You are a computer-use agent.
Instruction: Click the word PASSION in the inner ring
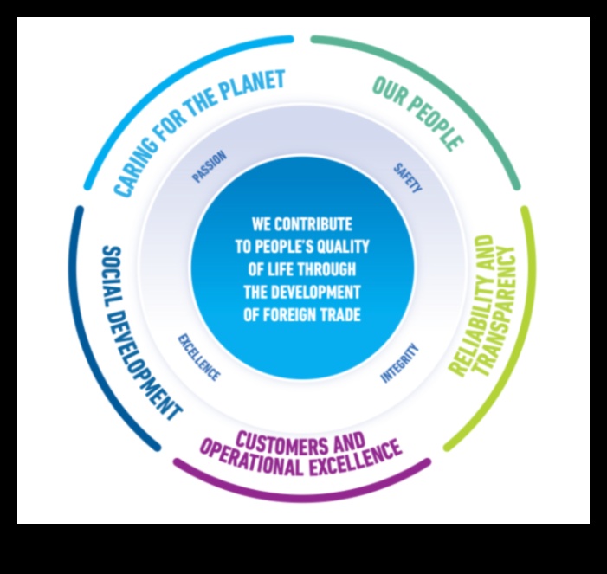tap(209, 166)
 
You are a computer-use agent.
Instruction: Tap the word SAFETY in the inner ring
tap(407, 177)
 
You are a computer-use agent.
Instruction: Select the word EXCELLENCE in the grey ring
tap(199, 357)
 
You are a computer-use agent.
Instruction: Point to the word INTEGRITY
tap(399, 363)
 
